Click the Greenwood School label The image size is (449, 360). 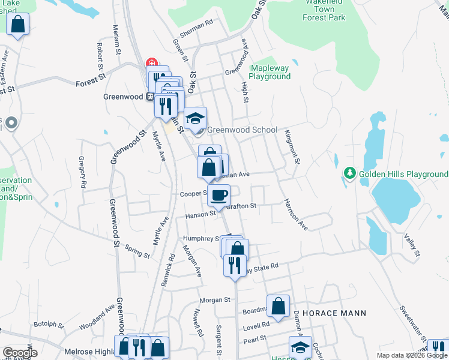(242, 130)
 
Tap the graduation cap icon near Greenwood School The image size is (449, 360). (195, 118)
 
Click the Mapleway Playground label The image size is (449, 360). (270, 73)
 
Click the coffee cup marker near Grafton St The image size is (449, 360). (219, 194)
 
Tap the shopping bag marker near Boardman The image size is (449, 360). (279, 306)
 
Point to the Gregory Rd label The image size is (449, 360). (82, 171)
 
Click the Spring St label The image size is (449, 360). (137, 251)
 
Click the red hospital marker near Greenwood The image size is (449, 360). (152, 63)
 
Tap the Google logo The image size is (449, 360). (20, 353)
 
